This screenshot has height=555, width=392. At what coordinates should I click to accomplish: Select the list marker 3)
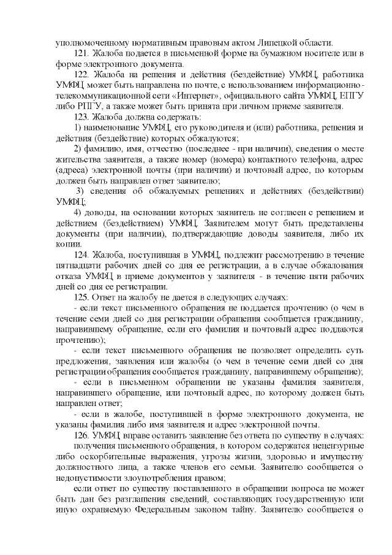(80, 191)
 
